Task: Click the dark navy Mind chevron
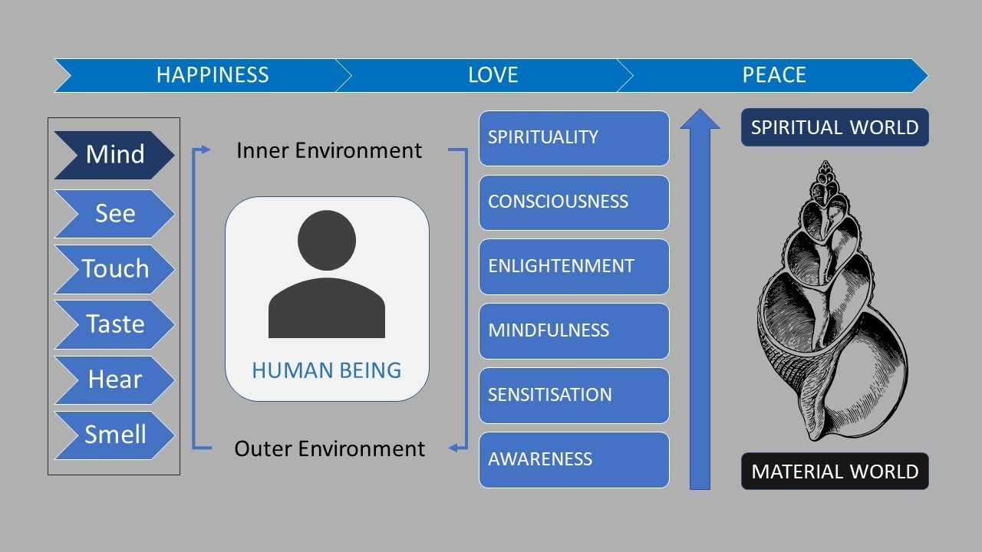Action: (114, 155)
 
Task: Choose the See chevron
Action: (114, 214)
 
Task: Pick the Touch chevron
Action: (114, 269)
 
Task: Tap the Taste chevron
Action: (114, 324)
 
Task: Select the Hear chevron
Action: (114, 379)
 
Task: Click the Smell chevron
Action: (114, 435)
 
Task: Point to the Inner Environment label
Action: (329, 151)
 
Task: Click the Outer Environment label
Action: (329, 449)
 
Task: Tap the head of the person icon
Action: (327, 240)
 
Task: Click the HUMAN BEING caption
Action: (327, 370)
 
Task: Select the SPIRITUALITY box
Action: (574, 138)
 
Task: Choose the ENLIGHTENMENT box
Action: (574, 267)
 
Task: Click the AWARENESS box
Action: (574, 460)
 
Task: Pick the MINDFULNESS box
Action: (574, 331)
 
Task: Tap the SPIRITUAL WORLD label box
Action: (835, 127)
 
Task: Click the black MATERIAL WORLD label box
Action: (835, 471)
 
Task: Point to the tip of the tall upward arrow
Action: (700, 109)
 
